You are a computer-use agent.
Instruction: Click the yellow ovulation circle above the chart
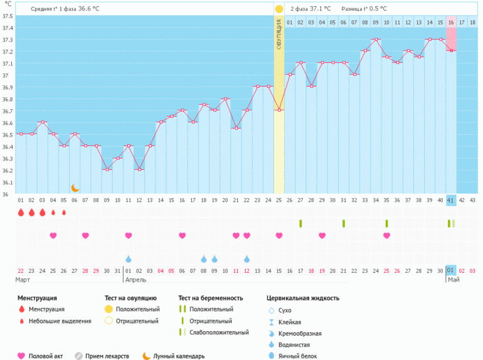pyautogui.click(x=279, y=9)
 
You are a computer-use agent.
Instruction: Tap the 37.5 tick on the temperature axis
pyautogui.click(x=7, y=16)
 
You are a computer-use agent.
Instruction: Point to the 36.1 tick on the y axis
pyautogui.click(x=7, y=183)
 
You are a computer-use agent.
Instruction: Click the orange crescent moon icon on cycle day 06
pyautogui.click(x=75, y=188)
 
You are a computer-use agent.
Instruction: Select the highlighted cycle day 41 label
pyautogui.click(x=451, y=200)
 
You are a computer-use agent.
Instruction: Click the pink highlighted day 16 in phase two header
pyautogui.click(x=451, y=23)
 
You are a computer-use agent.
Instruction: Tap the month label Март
pyautogui.click(x=23, y=280)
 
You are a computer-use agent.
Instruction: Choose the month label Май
pyautogui.click(x=453, y=280)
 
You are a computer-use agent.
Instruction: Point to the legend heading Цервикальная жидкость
pyautogui.click(x=302, y=298)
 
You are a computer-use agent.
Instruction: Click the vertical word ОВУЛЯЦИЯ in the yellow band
pyautogui.click(x=279, y=34)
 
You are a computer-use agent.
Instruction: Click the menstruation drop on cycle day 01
pyautogui.click(x=21, y=213)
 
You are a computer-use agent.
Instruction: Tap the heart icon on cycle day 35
pyautogui.click(x=386, y=235)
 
